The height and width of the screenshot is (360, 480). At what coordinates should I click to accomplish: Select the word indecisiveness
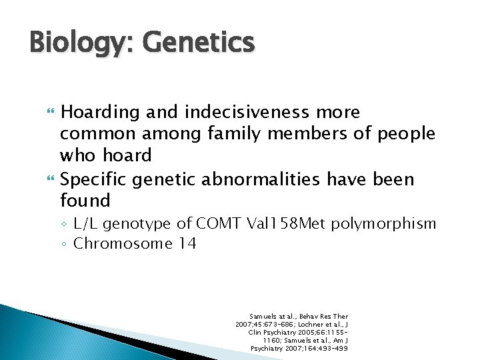(x=244, y=113)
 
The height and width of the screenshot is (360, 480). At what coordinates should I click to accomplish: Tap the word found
(x=85, y=201)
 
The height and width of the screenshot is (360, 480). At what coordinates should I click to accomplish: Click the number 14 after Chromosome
(x=187, y=243)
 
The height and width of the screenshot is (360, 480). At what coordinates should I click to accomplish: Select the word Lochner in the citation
(x=310, y=324)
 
